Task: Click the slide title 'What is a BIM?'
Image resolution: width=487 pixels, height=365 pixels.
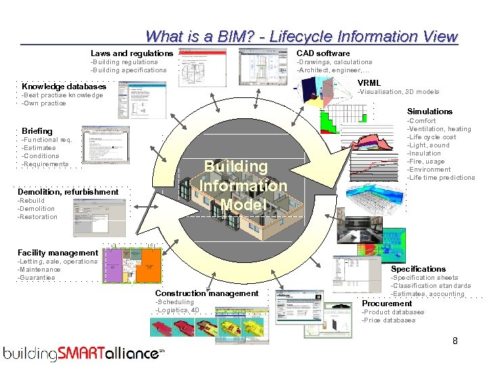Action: click(301, 36)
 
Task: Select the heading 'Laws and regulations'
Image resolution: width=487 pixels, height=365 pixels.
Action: click(132, 53)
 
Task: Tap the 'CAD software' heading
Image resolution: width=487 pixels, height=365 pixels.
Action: click(323, 53)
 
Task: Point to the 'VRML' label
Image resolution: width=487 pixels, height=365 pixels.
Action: click(369, 83)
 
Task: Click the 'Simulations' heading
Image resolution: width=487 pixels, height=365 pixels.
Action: click(430, 111)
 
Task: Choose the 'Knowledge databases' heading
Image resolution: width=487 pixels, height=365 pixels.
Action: click(64, 87)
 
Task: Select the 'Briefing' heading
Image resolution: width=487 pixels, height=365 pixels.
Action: click(37, 130)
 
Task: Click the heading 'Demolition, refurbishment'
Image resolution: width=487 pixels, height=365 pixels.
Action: click(68, 192)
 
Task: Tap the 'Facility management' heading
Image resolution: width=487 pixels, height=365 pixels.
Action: click(57, 253)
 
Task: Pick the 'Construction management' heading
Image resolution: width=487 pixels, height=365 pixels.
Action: click(206, 293)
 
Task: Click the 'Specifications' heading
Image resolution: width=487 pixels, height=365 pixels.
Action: click(418, 269)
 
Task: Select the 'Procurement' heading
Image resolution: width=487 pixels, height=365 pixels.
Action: click(386, 303)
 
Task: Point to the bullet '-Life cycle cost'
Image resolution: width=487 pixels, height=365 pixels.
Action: click(432, 137)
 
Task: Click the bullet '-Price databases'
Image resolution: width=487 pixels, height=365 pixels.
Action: click(389, 320)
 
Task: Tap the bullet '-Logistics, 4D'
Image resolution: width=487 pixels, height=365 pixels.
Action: click(177, 310)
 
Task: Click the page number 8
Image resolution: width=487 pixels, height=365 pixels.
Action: click(455, 341)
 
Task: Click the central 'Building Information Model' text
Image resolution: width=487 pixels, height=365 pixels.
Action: click(244, 185)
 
